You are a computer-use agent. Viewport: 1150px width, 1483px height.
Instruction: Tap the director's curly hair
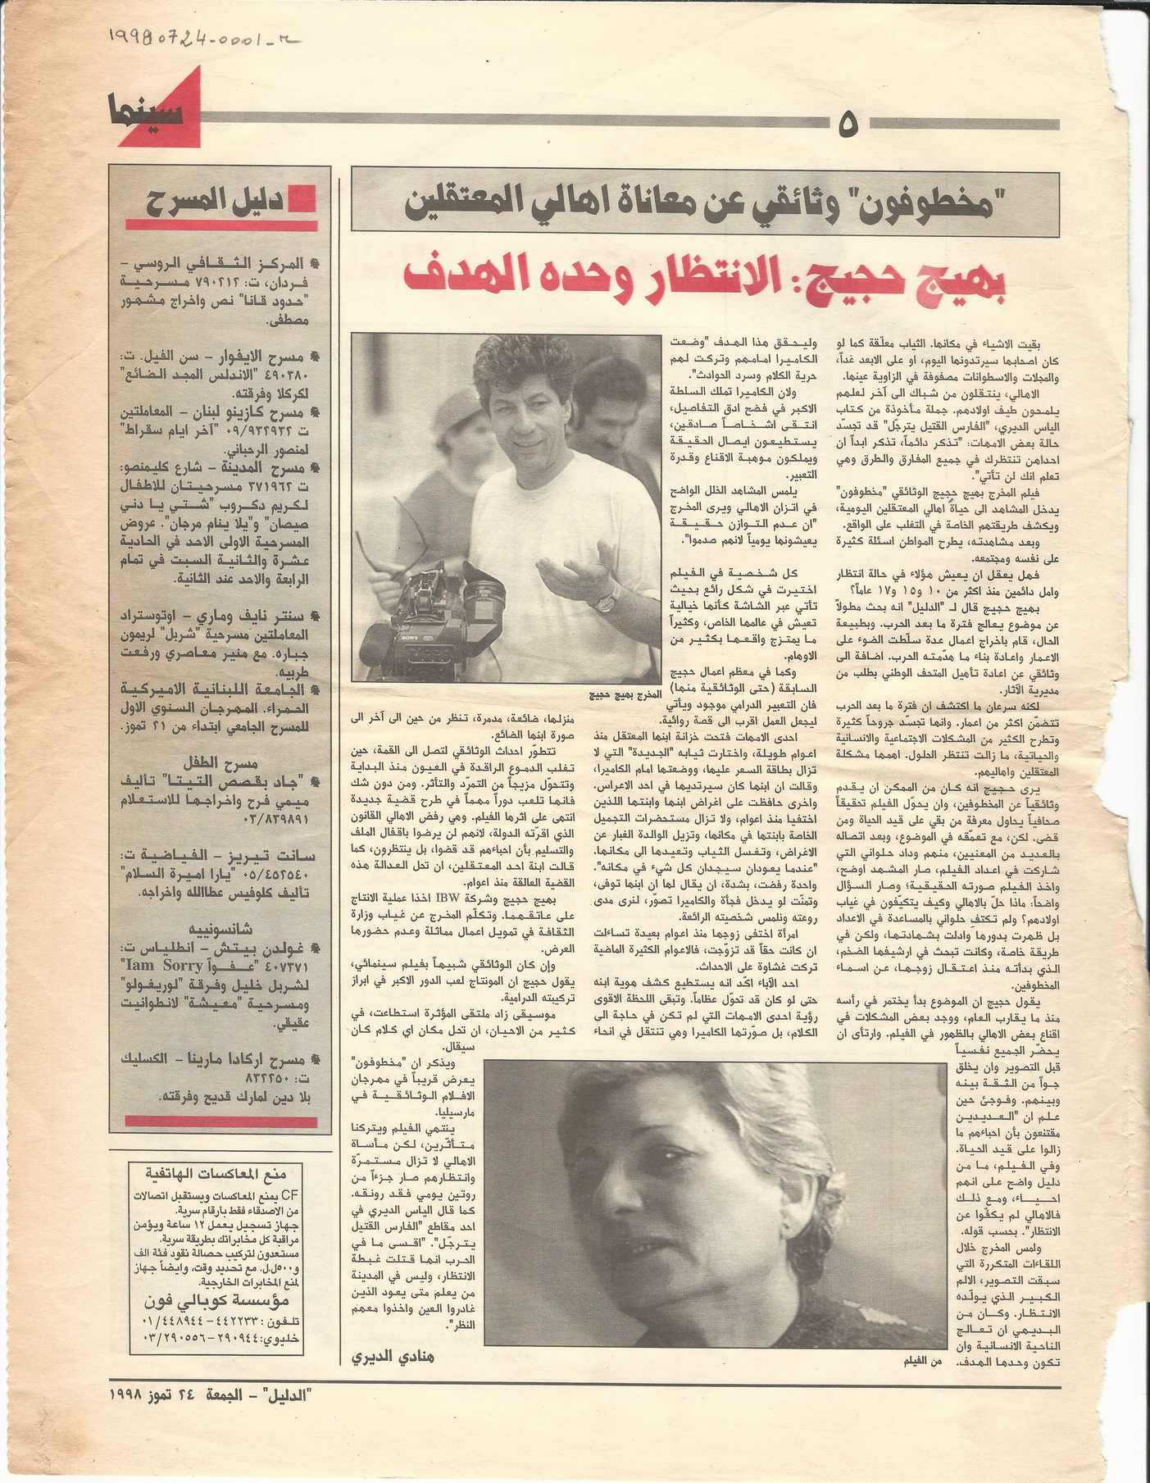[x=525, y=369]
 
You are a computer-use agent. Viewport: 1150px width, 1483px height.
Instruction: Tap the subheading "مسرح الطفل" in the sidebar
[x=221, y=758]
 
